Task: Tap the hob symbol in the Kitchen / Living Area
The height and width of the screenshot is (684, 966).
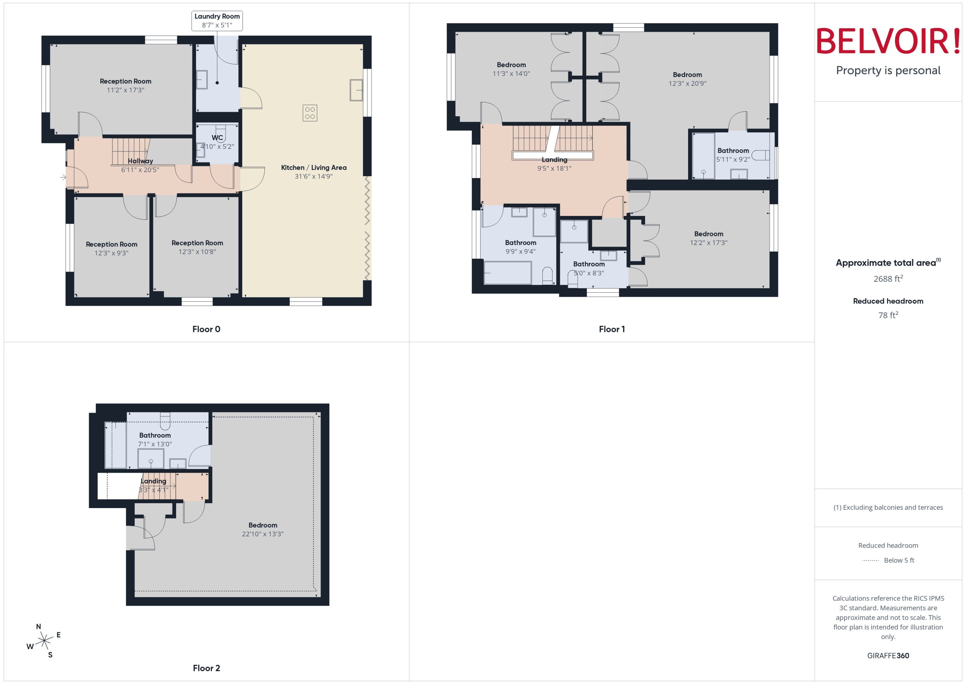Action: click(x=310, y=113)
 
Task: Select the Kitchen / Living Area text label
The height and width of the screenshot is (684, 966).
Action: click(x=314, y=168)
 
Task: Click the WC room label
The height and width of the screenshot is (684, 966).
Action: click(x=217, y=138)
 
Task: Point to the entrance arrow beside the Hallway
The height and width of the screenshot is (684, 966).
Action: click(x=63, y=177)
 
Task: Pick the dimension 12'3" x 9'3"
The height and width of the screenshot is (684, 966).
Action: click(x=112, y=253)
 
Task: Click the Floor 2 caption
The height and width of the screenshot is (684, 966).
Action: click(x=206, y=668)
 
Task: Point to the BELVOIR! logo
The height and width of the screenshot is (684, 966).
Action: click(x=888, y=41)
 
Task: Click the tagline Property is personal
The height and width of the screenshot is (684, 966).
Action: click(x=888, y=70)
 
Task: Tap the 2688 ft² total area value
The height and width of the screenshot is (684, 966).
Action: click(x=888, y=278)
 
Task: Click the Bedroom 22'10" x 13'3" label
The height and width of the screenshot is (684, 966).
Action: click(x=263, y=529)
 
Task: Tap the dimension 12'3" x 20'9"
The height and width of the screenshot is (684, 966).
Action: click(x=687, y=83)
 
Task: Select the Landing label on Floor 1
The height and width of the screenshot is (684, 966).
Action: click(x=554, y=160)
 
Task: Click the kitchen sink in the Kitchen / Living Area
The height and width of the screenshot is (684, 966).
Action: click(x=356, y=90)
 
